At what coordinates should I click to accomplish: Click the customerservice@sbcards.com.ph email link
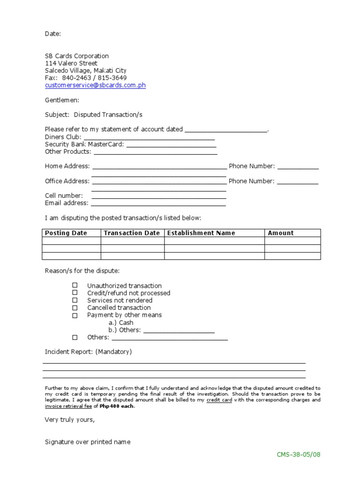point(95,85)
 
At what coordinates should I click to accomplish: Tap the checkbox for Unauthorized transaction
point(75,285)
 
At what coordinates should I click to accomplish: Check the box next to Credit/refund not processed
point(75,293)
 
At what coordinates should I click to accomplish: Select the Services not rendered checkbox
point(75,300)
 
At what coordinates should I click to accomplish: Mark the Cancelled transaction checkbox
point(75,308)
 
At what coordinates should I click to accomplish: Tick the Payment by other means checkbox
point(75,315)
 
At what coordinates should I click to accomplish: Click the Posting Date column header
point(66,233)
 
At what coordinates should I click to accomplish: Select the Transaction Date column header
point(132,233)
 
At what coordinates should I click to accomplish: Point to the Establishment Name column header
point(201,233)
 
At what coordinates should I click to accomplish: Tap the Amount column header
point(281,233)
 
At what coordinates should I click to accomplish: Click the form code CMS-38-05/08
point(299,454)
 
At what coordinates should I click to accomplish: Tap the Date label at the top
point(52,34)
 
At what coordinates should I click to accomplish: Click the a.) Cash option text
point(121,322)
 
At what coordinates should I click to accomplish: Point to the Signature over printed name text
point(88,442)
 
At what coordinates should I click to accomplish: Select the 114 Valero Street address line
point(71,63)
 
